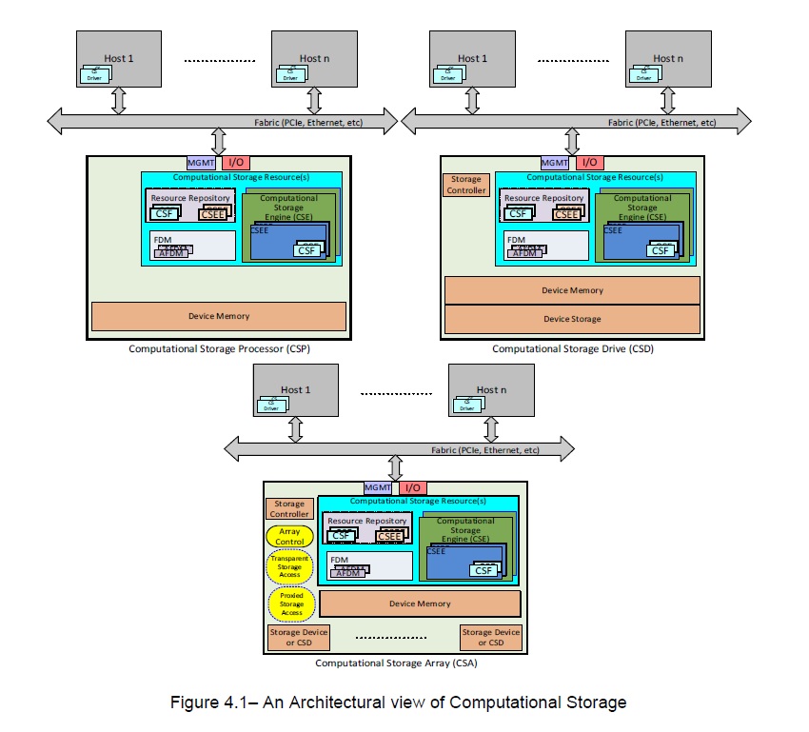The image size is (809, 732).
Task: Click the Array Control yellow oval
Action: click(289, 537)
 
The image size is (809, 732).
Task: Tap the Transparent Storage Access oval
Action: click(290, 567)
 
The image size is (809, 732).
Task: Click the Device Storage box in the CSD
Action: click(572, 319)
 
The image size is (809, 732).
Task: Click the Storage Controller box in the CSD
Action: click(466, 185)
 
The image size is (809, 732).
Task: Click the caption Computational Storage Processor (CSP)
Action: click(219, 349)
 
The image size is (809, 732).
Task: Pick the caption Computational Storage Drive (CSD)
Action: click(572, 349)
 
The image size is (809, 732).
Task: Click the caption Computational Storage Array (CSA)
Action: click(396, 663)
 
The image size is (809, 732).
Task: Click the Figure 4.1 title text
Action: click(398, 703)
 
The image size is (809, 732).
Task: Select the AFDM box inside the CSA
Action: click(347, 572)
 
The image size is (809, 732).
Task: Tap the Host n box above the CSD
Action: click(668, 60)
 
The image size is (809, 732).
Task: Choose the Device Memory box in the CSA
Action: click(420, 603)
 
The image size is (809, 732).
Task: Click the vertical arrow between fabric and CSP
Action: click(218, 142)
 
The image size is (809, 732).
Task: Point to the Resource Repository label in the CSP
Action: click(190, 198)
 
